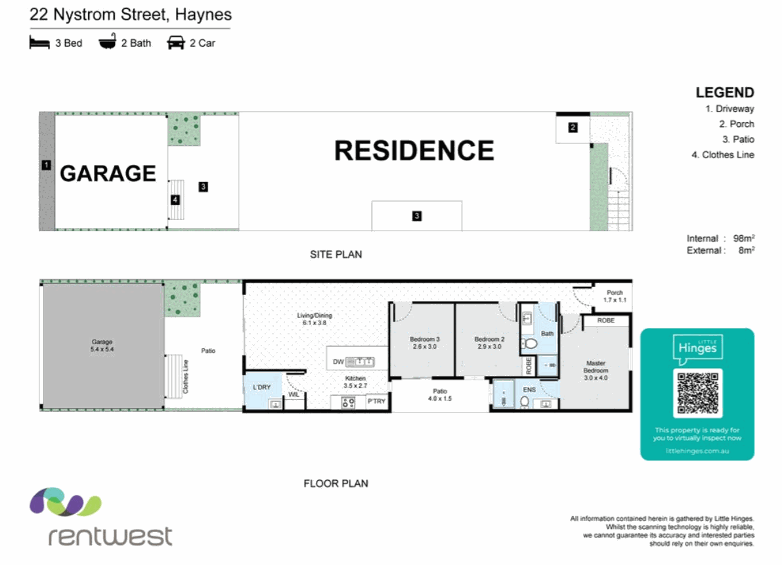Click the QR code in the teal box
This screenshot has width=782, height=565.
click(x=697, y=393)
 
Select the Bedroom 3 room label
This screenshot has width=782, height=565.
click(x=424, y=343)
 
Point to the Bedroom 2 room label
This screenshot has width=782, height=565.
click(x=489, y=343)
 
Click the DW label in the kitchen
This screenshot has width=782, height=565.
click(x=337, y=361)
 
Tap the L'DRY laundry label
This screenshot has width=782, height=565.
click(x=262, y=387)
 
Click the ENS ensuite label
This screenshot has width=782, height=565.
click(x=529, y=390)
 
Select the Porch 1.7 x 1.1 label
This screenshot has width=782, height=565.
click(x=615, y=296)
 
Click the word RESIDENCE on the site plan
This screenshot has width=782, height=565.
click(x=414, y=150)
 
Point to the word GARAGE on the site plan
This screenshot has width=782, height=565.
click(x=108, y=173)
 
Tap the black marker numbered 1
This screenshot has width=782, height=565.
click(x=46, y=165)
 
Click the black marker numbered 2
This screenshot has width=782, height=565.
click(x=573, y=127)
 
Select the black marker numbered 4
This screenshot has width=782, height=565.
click(x=175, y=200)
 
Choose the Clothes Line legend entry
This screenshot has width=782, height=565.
click(x=728, y=155)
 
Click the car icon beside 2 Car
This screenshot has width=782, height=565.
click(x=175, y=43)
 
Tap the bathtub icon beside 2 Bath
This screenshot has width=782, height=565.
click(x=106, y=43)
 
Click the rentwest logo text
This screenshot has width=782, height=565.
click(x=110, y=535)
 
